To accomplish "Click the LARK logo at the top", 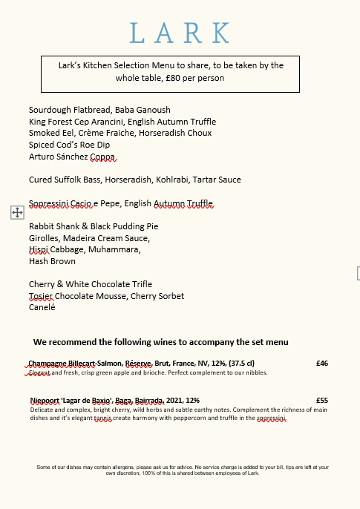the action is coord(180,33).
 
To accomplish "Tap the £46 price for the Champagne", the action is coord(321,364).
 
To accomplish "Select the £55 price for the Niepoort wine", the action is coord(321,401).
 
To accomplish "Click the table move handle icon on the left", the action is coord(17,213).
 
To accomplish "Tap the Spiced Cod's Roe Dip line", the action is coord(69,145).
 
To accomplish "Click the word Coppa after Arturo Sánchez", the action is coord(103,157).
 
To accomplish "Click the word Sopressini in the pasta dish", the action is coord(52,203).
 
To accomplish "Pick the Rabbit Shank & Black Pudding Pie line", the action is coord(94,226).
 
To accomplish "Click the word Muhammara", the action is coord(116,250).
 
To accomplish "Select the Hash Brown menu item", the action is coord(52,261).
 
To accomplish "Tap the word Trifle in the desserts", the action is coord(139,284).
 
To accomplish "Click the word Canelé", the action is coord(42,307).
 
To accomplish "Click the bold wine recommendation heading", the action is coord(160,342).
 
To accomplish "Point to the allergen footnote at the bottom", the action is coord(183,470).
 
